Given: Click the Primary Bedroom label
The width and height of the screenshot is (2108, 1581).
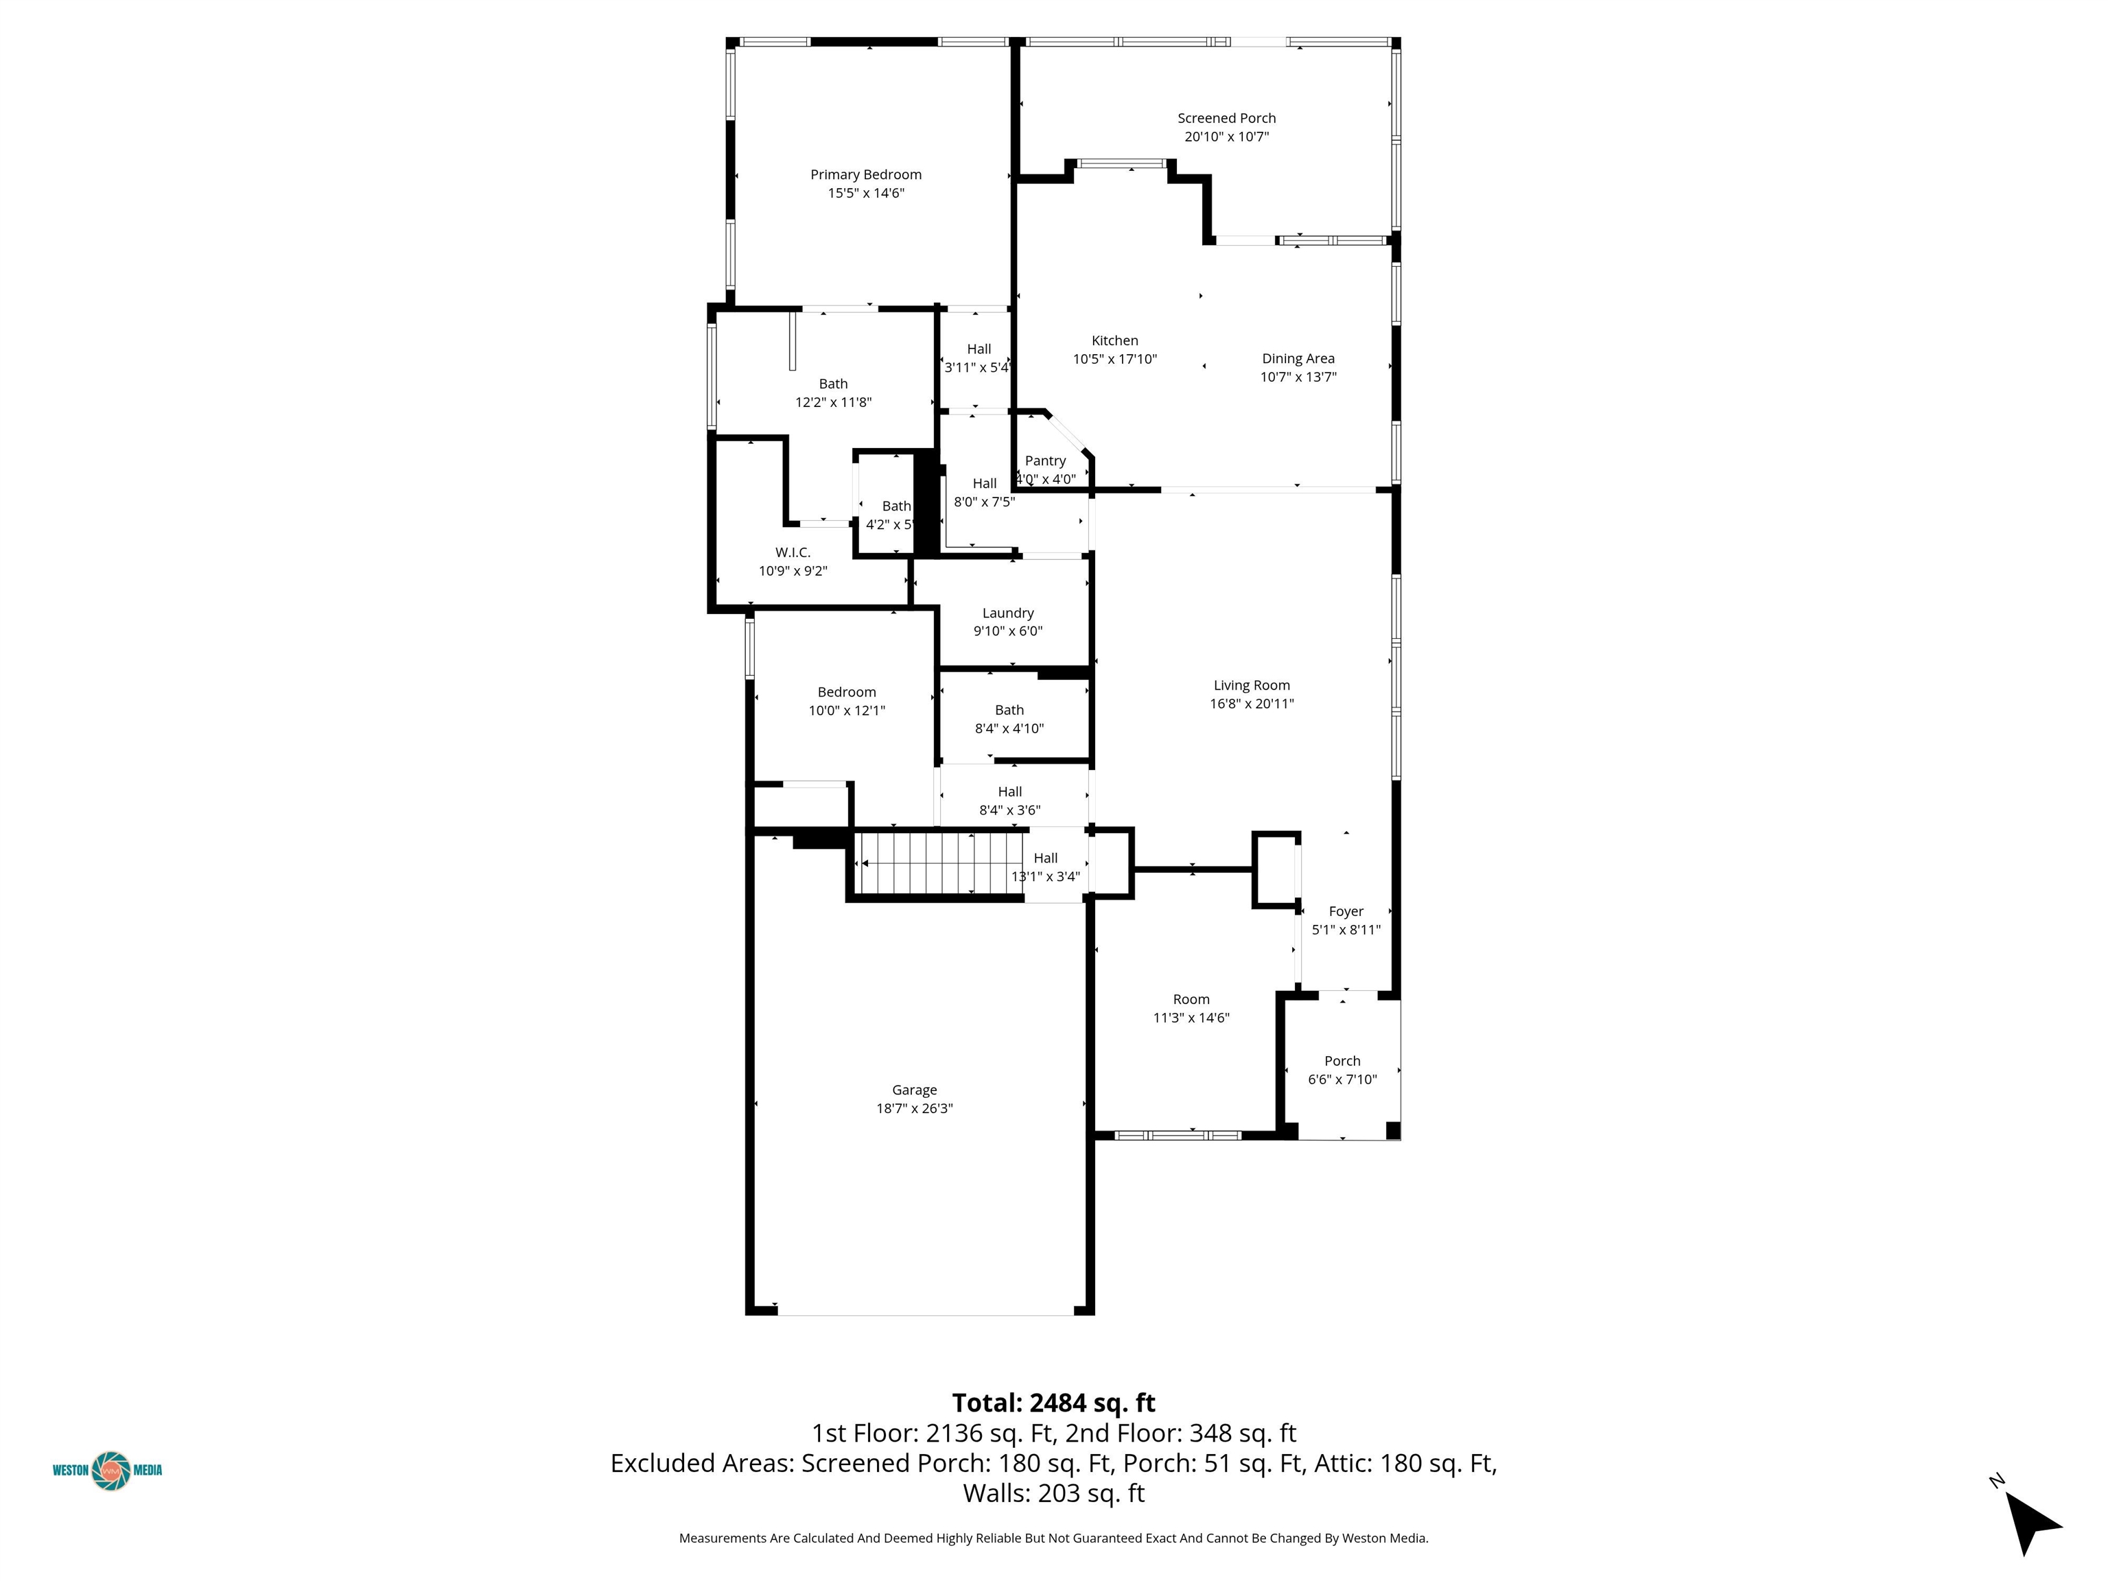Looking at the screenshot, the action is pos(865,174).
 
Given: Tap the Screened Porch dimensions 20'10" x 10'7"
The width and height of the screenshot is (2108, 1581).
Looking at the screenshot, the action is pos(1226,137).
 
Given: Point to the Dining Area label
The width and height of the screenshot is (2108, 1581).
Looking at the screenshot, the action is pos(1298,358).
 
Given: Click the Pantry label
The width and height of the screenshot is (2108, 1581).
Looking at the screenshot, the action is pos(1046,460).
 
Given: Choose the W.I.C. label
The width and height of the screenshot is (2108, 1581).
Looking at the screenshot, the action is pos(793,552).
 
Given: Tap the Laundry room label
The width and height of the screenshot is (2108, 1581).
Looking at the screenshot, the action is pos(1008,613).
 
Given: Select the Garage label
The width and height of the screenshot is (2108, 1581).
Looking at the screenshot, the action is pos(915,1089).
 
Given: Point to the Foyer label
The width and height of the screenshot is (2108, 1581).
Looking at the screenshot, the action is pos(1346,911).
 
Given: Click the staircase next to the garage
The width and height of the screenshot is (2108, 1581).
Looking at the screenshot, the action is pos(939,863).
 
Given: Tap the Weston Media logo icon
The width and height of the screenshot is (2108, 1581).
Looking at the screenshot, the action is pos(110,1470).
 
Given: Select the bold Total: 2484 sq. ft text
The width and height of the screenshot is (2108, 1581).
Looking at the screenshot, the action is pos(1054,1403).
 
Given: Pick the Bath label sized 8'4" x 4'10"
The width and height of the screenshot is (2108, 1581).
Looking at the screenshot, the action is pos(1009,710).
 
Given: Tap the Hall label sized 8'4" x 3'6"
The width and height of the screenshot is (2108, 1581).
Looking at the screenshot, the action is pos(1010,792).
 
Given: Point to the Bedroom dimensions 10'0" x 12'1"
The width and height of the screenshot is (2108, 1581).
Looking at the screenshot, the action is pos(847,710).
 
